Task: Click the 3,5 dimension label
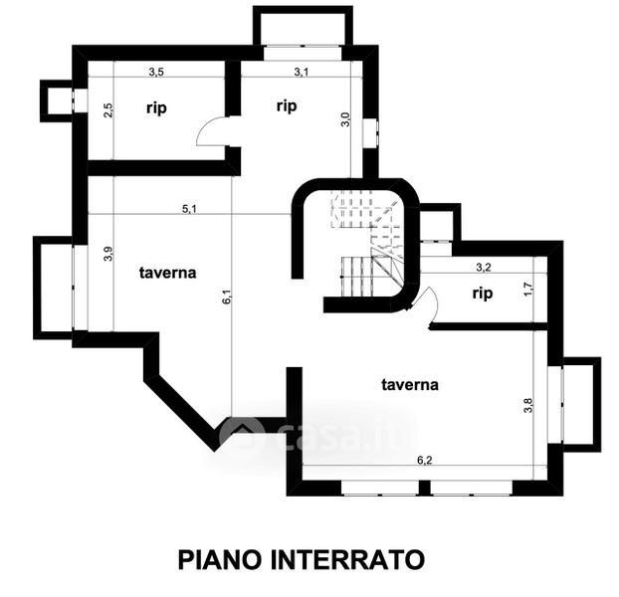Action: coord(156,72)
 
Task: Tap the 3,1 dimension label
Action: coord(303,72)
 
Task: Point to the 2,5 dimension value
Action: coord(108,108)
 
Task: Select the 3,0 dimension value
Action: coord(345,118)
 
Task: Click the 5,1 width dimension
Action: coord(189,208)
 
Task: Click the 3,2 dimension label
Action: coord(485,267)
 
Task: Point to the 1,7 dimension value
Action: coord(528,292)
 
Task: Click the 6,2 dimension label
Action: coord(425,460)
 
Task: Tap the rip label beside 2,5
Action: coord(156,108)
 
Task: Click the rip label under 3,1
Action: coord(288,104)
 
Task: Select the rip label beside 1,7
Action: coord(483,293)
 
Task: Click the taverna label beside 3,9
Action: coord(167,271)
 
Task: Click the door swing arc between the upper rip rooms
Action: coord(212,132)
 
